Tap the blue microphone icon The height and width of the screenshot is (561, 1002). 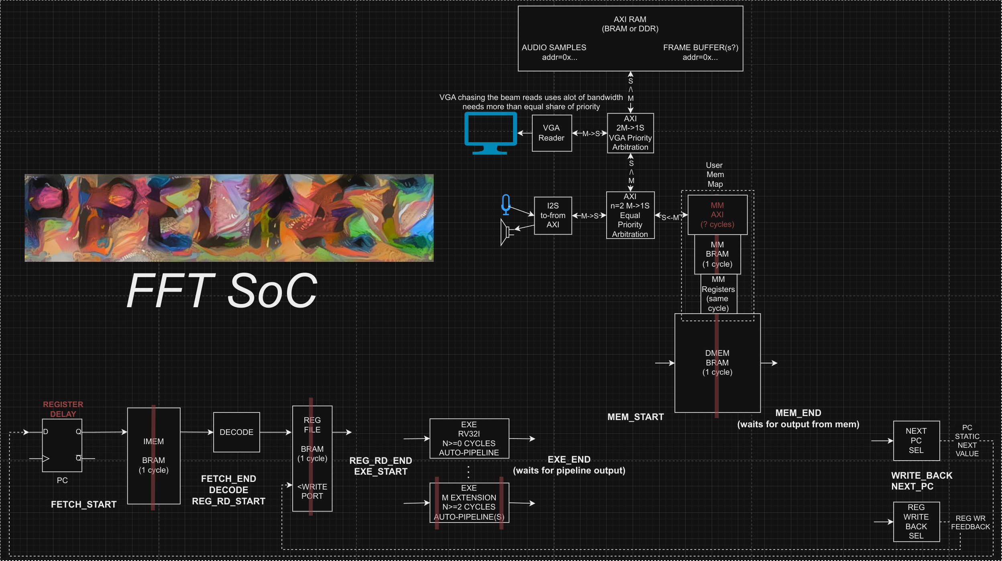506,204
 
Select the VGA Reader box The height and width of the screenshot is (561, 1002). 552,133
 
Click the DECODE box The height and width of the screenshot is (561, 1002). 236,432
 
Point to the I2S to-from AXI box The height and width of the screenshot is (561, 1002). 553,216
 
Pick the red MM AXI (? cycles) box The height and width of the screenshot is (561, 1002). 717,215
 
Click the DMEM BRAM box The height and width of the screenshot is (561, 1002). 717,363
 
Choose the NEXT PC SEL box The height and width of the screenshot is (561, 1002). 916,441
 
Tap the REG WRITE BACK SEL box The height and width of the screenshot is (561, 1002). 916,521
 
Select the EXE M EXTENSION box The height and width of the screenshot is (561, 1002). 469,502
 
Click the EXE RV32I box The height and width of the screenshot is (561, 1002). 469,439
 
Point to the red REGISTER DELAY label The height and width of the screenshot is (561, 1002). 63,409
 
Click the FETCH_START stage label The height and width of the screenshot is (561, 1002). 83,504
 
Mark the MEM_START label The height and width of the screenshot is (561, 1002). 635,417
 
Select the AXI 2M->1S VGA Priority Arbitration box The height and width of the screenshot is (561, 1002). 630,133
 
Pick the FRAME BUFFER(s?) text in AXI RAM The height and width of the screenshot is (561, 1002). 701,48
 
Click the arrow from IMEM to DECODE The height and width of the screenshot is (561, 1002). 197,432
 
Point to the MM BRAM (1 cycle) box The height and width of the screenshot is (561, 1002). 717,254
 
